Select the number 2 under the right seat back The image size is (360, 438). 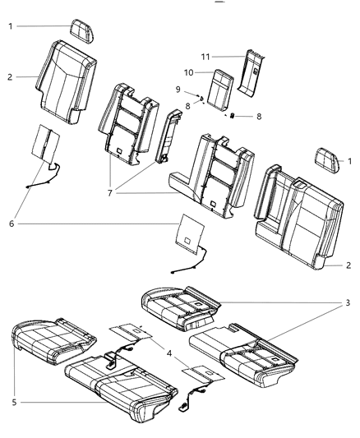coord(348,265)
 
